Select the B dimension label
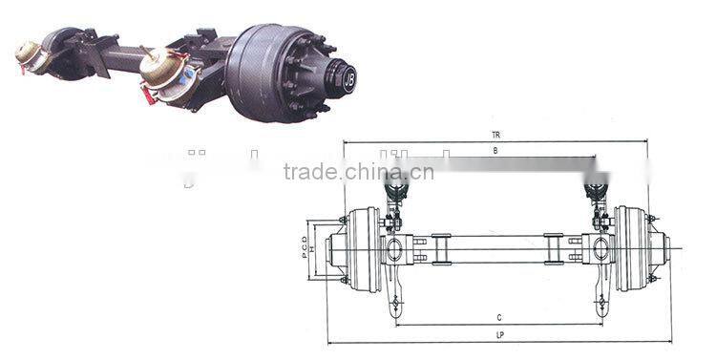point(495,151)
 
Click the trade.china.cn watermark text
point(359,173)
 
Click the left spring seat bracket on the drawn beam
point(441,250)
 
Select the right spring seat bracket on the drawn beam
point(554,250)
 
